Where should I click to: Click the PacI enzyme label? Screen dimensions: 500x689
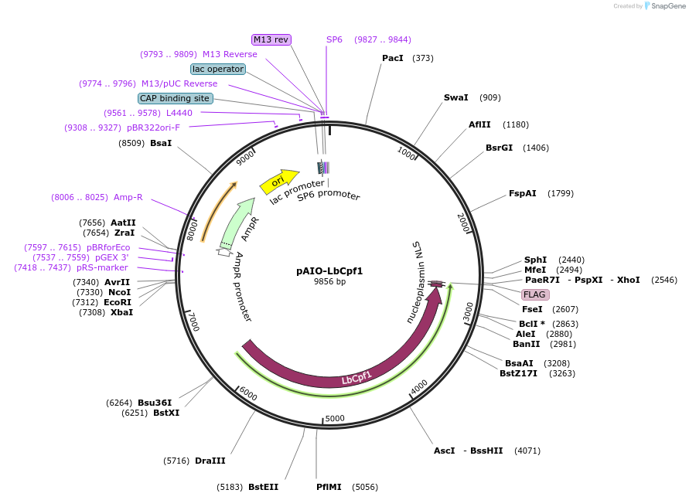393,58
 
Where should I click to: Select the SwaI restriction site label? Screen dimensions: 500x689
455,98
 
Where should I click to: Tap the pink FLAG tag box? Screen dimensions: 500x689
535,294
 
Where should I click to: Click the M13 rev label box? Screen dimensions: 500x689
271,39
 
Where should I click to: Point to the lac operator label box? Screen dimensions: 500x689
218,69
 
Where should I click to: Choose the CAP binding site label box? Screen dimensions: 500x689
175,98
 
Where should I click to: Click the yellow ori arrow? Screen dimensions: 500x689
279,182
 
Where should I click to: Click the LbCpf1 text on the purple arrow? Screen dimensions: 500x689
356,378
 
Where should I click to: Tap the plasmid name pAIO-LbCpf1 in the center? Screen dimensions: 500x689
329,271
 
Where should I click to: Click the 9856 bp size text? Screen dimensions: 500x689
329,282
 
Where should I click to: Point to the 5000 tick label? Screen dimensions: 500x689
334,419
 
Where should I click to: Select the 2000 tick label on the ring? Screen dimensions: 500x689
464,223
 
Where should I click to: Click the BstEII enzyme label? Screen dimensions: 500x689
263,487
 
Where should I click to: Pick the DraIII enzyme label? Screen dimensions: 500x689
210,461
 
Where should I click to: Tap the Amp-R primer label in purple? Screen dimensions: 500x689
128,197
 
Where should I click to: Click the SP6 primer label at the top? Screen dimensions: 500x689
334,39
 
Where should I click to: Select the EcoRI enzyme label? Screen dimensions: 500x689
118,302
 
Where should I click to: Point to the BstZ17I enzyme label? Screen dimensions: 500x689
518,373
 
